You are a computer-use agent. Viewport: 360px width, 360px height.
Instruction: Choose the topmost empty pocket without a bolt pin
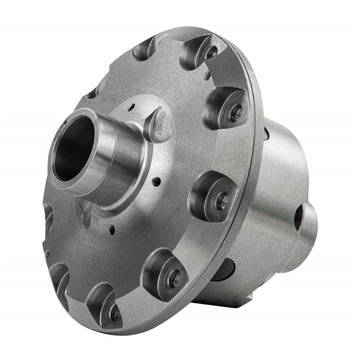tap(143, 49)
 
